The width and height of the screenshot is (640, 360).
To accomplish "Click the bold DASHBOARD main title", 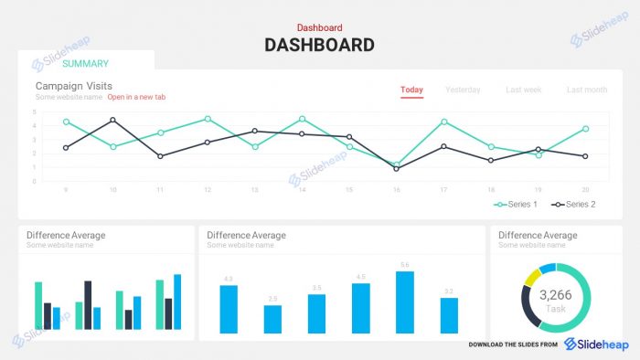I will click(x=319, y=45).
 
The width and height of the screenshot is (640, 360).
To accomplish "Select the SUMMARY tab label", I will click(x=85, y=64).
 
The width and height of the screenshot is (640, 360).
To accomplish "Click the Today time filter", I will click(x=411, y=90).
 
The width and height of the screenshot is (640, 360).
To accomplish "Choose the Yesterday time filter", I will click(x=463, y=90).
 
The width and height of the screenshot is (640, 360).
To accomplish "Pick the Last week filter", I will click(x=523, y=90).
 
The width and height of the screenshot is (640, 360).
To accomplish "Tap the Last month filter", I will click(x=586, y=90).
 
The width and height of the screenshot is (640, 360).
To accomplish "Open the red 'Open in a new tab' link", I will click(x=136, y=97).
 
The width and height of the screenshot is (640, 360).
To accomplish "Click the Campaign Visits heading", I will click(x=73, y=86).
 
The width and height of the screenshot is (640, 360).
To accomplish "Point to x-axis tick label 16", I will click(x=397, y=190).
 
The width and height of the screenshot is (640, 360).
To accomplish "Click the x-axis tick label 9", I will click(x=66, y=190).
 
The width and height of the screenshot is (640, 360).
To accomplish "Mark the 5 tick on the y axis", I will click(x=34, y=112).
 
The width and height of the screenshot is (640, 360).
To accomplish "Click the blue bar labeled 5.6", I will click(x=405, y=302).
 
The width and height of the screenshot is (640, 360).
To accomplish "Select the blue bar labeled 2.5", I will click(x=272, y=319).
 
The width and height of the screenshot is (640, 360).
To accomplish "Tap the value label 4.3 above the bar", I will click(x=229, y=279).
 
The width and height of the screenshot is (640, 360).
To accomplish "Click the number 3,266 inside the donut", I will click(x=556, y=295).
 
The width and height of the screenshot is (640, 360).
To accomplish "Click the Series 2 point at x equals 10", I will click(x=112, y=120).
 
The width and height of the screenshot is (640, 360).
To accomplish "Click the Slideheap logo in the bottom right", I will click(x=595, y=344).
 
